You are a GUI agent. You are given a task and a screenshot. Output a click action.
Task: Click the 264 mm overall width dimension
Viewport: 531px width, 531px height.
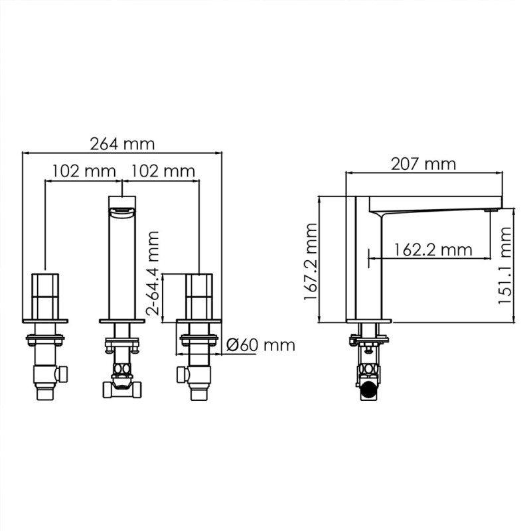tap(121, 143)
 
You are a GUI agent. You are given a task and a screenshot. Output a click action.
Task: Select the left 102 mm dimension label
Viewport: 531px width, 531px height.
tap(84, 171)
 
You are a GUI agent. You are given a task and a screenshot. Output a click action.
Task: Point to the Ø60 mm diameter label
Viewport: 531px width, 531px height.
tap(260, 345)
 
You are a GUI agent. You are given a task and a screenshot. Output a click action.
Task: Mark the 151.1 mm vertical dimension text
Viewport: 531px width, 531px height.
tap(506, 264)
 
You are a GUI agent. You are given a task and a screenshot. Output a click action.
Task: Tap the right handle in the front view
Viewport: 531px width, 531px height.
tap(198, 296)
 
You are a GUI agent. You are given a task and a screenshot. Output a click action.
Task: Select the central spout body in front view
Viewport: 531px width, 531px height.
tap(121, 265)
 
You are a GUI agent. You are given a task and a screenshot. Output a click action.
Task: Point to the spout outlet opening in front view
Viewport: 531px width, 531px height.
tap(121, 212)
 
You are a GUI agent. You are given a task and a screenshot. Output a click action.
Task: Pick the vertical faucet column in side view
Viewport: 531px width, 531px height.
tap(365, 265)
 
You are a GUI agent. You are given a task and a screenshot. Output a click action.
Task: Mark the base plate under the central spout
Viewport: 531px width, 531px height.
tap(121, 321)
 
